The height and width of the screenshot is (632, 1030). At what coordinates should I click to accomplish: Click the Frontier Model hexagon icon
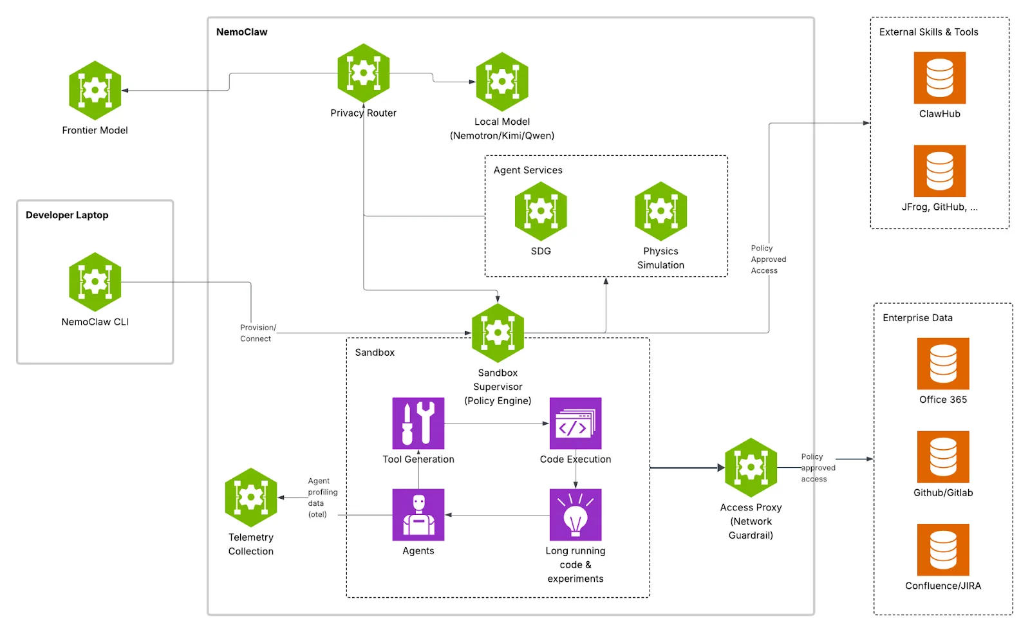pyautogui.click(x=95, y=90)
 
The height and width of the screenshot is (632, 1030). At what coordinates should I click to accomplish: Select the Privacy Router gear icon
pyautogui.click(x=364, y=73)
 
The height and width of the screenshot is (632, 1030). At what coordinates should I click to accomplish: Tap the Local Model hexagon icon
pyautogui.click(x=502, y=82)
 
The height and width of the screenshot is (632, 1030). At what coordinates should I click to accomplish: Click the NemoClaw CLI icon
pyautogui.click(x=95, y=282)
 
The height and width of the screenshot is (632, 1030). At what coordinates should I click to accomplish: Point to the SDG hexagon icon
pyautogui.click(x=541, y=211)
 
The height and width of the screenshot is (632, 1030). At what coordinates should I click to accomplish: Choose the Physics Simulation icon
pyautogui.click(x=660, y=211)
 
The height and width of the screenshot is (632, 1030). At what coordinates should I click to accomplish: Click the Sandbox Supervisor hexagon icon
pyautogui.click(x=498, y=333)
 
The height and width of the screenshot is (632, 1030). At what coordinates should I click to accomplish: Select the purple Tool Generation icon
pyautogui.click(x=418, y=423)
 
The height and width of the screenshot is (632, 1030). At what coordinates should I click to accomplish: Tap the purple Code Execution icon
pyautogui.click(x=576, y=423)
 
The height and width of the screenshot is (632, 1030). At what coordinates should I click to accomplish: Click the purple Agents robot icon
pyautogui.click(x=418, y=514)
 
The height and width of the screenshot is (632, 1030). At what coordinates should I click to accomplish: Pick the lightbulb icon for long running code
pyautogui.click(x=576, y=514)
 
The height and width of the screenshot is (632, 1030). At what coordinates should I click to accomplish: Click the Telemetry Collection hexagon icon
pyautogui.click(x=251, y=497)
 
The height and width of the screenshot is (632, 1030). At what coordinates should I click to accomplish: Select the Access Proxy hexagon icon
pyautogui.click(x=751, y=467)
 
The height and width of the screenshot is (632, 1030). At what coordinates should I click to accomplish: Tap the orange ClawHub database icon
pyautogui.click(x=940, y=78)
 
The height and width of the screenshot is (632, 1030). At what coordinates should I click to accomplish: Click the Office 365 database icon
pyautogui.click(x=943, y=364)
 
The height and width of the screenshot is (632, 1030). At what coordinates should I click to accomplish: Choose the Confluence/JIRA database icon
pyautogui.click(x=943, y=550)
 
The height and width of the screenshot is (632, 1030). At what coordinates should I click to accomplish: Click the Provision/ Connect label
pyautogui.click(x=257, y=333)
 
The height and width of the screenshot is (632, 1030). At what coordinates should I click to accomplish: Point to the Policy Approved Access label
pyautogui.click(x=768, y=259)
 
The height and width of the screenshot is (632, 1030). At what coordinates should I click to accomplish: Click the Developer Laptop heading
pyautogui.click(x=67, y=215)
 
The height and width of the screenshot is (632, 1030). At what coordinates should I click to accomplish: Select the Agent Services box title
pyautogui.click(x=528, y=170)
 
